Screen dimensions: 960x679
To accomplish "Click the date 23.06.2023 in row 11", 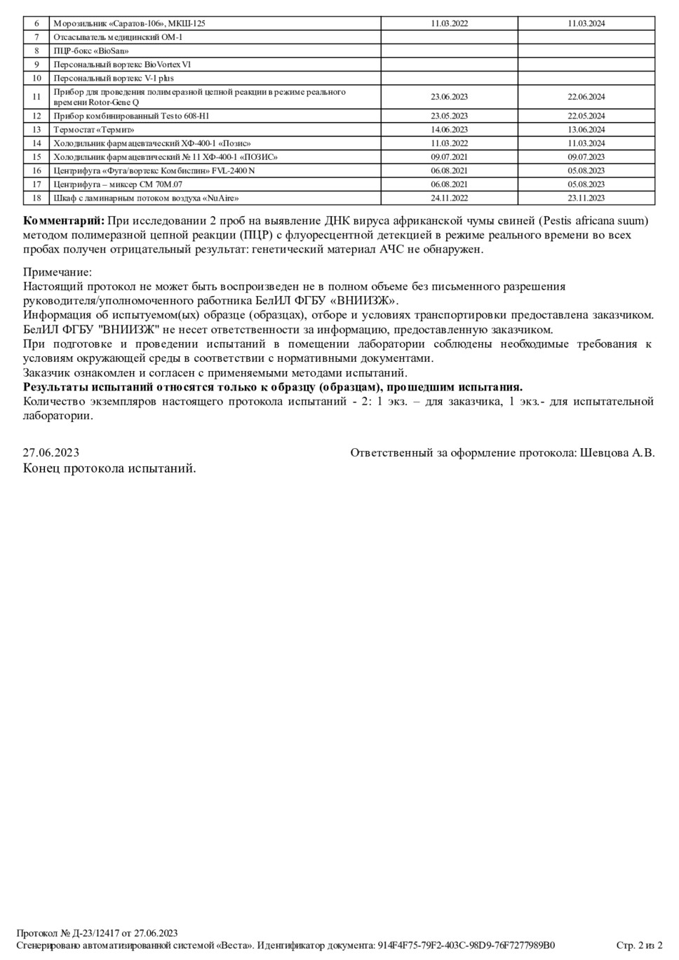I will tap(449, 97).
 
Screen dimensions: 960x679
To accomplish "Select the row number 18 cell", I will tap(36, 198).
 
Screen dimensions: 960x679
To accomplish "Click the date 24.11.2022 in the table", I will tap(449, 198).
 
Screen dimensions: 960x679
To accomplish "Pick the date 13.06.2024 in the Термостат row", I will tap(586, 130).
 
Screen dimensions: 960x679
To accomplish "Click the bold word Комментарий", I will tap(63, 221).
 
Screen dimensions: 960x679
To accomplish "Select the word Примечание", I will tap(58, 272).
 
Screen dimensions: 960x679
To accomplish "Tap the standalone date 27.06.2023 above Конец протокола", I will tap(51, 453).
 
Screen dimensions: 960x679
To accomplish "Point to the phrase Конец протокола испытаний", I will tap(109, 468).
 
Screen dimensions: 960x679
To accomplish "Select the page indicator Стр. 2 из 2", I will tap(639, 945).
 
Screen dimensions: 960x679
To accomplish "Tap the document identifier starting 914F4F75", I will tap(466, 945).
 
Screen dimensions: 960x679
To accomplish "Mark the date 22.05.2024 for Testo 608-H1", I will tap(586, 116).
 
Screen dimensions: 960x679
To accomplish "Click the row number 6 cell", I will tap(36, 24).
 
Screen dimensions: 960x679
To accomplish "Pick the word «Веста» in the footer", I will tap(229, 945).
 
